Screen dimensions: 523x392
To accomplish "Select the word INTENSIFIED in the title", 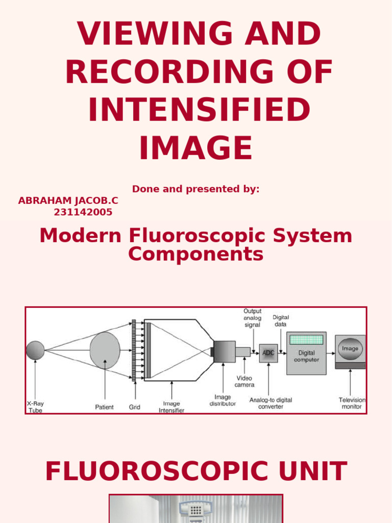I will point(199,110).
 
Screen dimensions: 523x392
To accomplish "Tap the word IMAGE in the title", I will point(196,148).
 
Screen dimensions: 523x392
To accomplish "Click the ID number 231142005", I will point(83,212).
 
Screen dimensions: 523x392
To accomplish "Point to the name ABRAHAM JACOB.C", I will point(68,201).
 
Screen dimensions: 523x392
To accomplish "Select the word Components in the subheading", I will point(196,254).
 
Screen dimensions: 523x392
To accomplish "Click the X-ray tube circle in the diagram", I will point(35,350).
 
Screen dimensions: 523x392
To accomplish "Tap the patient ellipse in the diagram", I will point(105,350).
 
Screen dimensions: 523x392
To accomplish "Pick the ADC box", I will point(268,353).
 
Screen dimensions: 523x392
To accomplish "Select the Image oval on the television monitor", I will point(350,349).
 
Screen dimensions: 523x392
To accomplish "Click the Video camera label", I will point(244,381).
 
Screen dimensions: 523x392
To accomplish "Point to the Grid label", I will point(134,407).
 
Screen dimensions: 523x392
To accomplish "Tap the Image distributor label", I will point(223,400).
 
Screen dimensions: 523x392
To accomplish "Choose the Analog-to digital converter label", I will point(271,403).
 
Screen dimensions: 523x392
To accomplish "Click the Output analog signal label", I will point(252,318).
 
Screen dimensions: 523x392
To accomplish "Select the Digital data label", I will point(280,321).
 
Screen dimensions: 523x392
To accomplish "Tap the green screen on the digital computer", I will point(306,340).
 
